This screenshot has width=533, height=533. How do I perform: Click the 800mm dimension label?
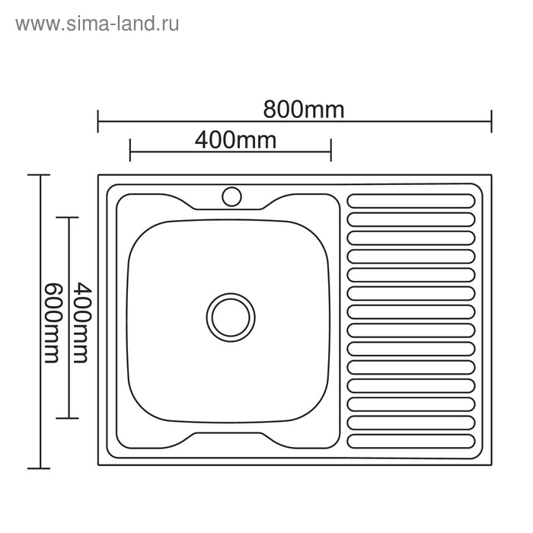304,110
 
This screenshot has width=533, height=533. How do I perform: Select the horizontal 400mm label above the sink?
235,140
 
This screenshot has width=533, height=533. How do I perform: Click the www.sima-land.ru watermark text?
97,24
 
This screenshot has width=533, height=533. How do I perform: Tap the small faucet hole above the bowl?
231,196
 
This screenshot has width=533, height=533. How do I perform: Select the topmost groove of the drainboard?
411,201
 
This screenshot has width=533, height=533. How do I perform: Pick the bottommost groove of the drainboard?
411,440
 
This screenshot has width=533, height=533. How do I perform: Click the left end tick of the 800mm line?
98,121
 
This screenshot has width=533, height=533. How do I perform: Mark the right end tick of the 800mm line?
492,121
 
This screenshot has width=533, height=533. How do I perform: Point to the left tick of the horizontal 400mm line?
130,150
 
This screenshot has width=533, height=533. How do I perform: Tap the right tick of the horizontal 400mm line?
330,150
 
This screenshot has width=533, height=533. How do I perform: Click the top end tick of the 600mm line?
39,175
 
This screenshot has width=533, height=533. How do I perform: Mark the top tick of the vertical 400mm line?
69,218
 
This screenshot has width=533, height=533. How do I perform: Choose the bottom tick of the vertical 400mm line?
69,418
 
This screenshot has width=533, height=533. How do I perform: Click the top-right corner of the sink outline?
492,176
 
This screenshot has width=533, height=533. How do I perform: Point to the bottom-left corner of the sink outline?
98,466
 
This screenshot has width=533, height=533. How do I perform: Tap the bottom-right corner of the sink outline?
492,466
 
